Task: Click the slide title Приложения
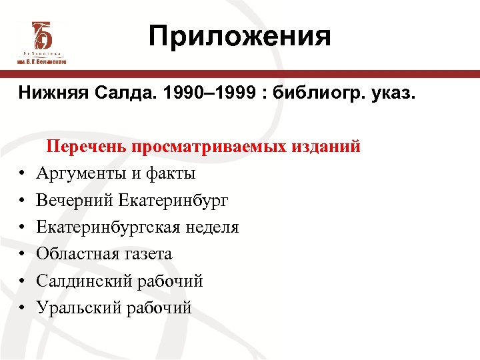(x=239, y=36)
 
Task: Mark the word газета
(x=148, y=254)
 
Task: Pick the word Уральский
(x=77, y=308)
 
